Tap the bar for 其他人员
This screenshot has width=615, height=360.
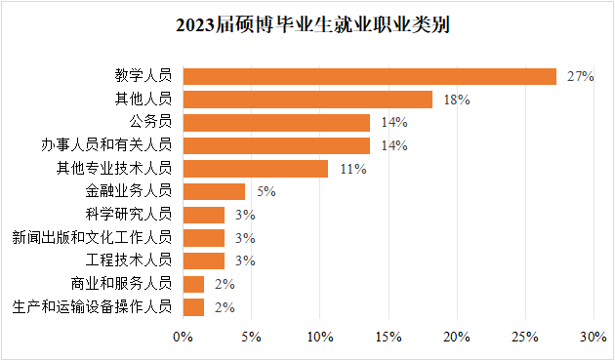tap(307, 100)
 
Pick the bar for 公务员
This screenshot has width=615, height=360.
tap(276, 123)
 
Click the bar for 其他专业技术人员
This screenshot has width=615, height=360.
tap(256, 169)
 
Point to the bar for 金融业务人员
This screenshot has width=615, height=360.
tap(214, 191)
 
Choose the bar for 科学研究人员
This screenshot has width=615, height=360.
tap(204, 215)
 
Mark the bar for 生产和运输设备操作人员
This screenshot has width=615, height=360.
tap(193, 307)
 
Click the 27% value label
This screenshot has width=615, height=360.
tap(580, 76)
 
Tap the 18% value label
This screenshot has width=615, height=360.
tap(457, 100)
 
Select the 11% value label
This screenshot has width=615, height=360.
tap(352, 169)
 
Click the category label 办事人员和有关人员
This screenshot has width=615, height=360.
tap(115, 145)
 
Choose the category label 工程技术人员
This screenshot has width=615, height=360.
tap(129, 260)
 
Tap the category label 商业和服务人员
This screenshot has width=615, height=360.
tap(122, 284)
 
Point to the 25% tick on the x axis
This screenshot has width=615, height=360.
tap(525, 337)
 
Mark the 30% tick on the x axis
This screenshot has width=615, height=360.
tap(594, 337)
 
